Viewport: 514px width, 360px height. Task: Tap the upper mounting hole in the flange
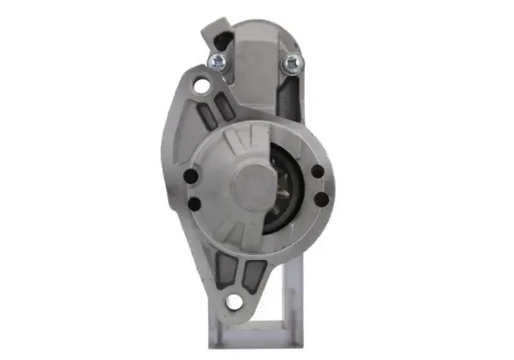(200, 86)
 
